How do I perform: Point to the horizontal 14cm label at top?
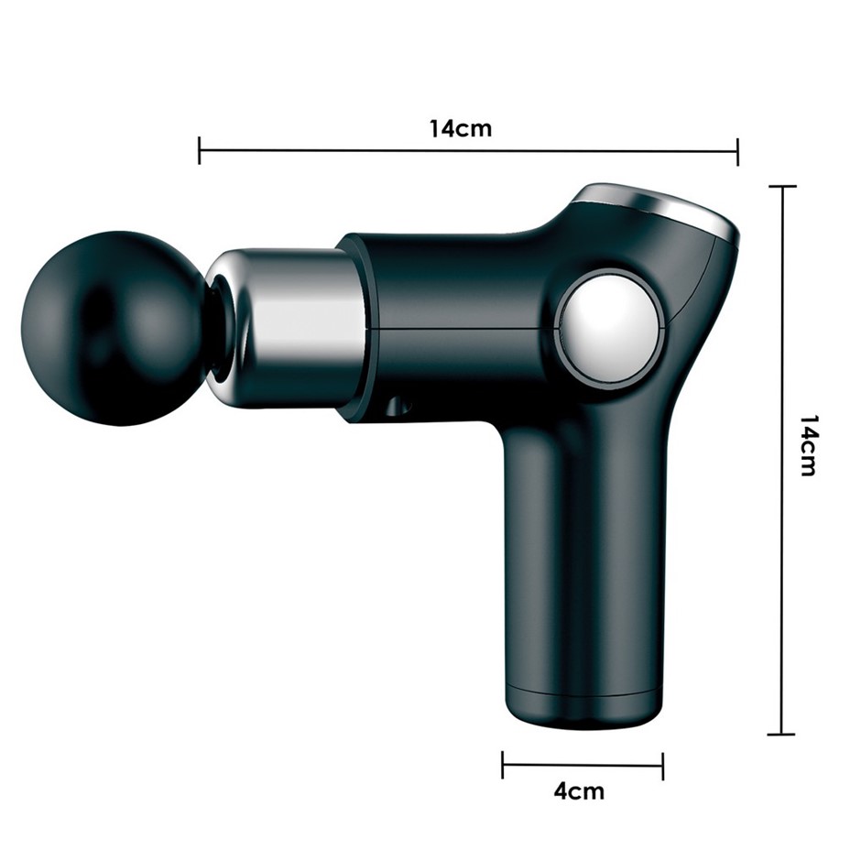pyautogui.click(x=460, y=128)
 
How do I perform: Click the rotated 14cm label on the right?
pyautogui.click(x=810, y=445)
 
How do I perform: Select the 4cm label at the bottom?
pyautogui.click(x=579, y=791)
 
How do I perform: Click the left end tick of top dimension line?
pyautogui.click(x=200, y=150)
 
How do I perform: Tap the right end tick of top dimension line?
pyautogui.click(x=737, y=152)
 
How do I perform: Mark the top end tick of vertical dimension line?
pyautogui.click(x=782, y=187)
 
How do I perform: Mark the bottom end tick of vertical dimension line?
pyautogui.click(x=780, y=734)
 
